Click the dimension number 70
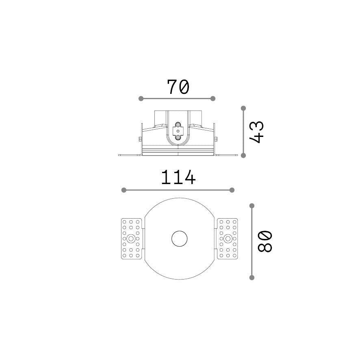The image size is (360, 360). pyautogui.click(x=178, y=87)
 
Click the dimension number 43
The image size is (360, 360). pyautogui.click(x=257, y=132)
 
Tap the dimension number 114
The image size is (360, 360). pyautogui.click(x=178, y=177)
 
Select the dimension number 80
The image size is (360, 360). pyautogui.click(x=265, y=242)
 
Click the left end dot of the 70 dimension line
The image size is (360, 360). pyautogui.click(x=141, y=99)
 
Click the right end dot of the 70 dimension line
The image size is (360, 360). pyautogui.click(x=213, y=99)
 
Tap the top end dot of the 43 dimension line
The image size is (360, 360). pyautogui.click(x=244, y=108)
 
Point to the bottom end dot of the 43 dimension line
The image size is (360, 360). pyautogui.click(x=244, y=156)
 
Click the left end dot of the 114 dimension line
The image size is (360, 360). pyautogui.click(x=124, y=190)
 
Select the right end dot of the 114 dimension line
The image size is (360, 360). pyautogui.click(x=232, y=190)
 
